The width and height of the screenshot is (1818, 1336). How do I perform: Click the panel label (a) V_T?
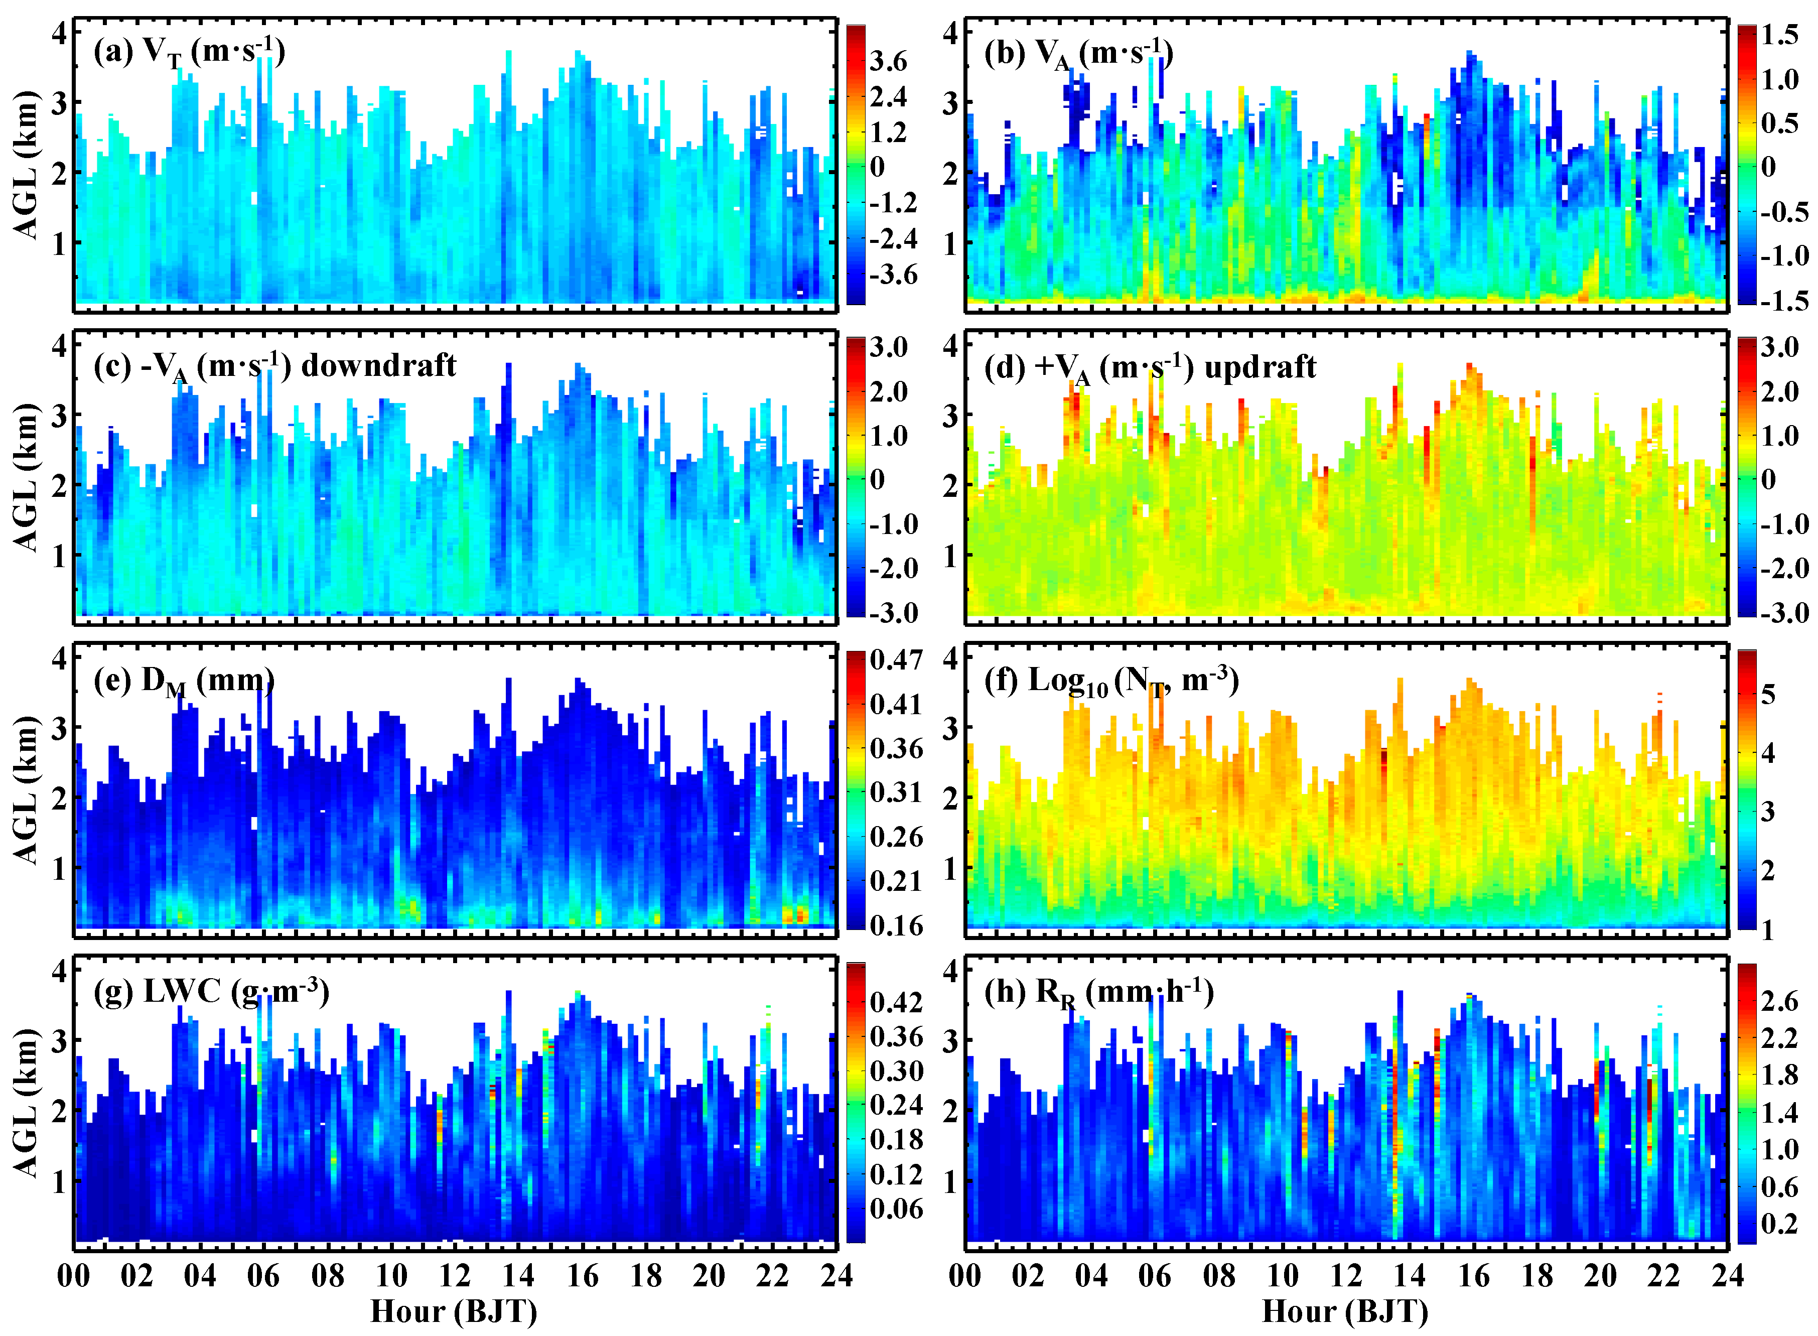188,53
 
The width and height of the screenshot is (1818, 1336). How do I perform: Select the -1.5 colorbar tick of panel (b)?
1782,301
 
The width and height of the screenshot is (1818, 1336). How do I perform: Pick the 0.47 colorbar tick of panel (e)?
896,659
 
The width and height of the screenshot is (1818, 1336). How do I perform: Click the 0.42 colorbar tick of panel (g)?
896,1003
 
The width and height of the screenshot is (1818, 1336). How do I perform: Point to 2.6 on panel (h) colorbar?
1779,1001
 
